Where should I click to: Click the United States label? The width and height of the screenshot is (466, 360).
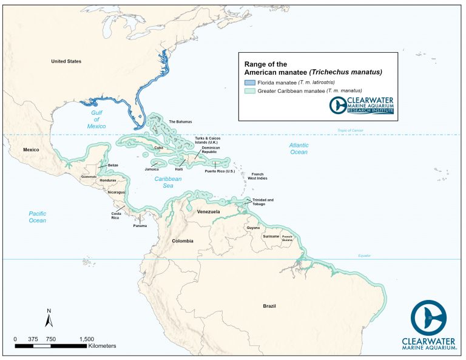tap(66, 61)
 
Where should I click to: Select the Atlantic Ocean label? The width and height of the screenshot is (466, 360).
tap(299, 149)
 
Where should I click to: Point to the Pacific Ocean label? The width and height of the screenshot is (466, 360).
tap(38, 217)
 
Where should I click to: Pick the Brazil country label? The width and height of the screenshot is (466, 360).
tap(269, 306)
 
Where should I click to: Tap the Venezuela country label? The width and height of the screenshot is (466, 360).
tap(208, 212)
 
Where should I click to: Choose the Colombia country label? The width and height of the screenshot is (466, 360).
tap(182, 241)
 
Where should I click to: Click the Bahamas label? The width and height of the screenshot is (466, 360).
tap(180, 121)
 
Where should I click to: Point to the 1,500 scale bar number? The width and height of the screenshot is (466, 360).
tap(86, 339)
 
